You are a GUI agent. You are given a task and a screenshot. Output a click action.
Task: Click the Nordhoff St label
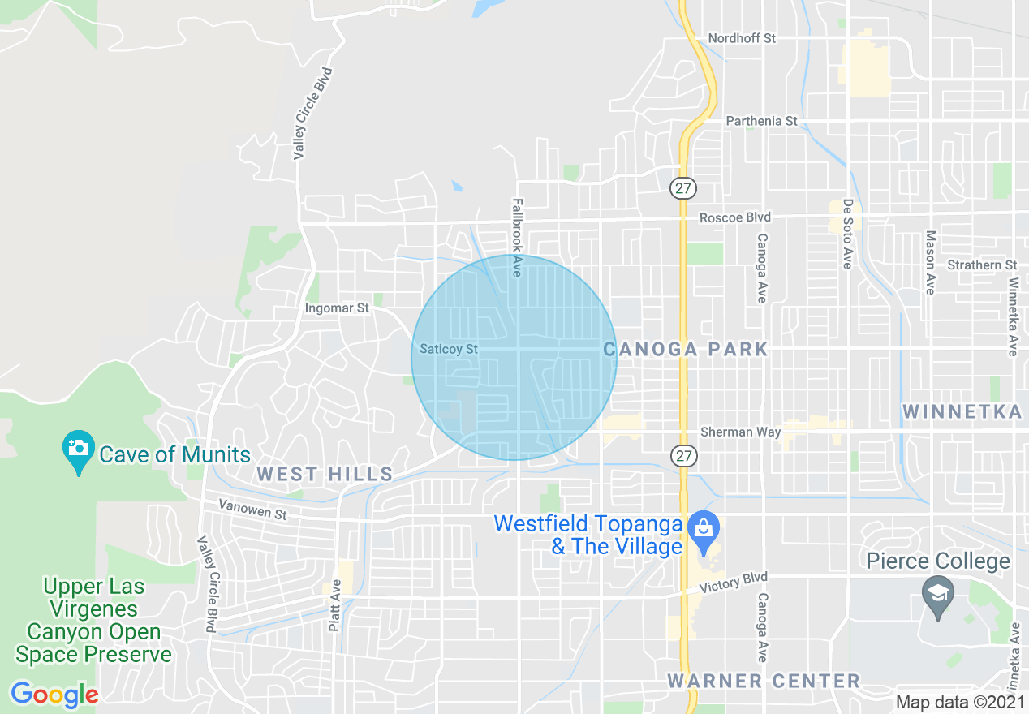[x=742, y=39]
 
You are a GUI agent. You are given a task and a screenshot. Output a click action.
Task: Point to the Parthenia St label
[x=761, y=121]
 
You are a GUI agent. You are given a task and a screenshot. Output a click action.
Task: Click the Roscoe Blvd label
[x=735, y=217]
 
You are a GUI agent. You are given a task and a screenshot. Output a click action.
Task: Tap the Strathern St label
[x=982, y=265]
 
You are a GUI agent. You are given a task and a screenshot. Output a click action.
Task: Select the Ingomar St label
[x=337, y=308]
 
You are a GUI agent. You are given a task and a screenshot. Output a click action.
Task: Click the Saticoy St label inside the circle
[x=449, y=349]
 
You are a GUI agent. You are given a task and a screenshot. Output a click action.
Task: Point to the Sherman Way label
[x=740, y=432]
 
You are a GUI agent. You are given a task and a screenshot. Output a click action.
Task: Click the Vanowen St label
[x=252, y=509]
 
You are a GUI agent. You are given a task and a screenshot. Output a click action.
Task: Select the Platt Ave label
[x=334, y=604]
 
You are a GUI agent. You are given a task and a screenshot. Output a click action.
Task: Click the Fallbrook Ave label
[x=516, y=238]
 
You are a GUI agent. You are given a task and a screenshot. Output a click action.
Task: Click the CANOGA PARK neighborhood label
[x=686, y=349]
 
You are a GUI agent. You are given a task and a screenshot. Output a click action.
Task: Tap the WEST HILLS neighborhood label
[x=325, y=475]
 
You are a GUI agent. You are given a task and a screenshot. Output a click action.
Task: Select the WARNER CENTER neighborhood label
[x=764, y=681]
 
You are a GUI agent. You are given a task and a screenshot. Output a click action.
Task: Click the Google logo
[x=54, y=695]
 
